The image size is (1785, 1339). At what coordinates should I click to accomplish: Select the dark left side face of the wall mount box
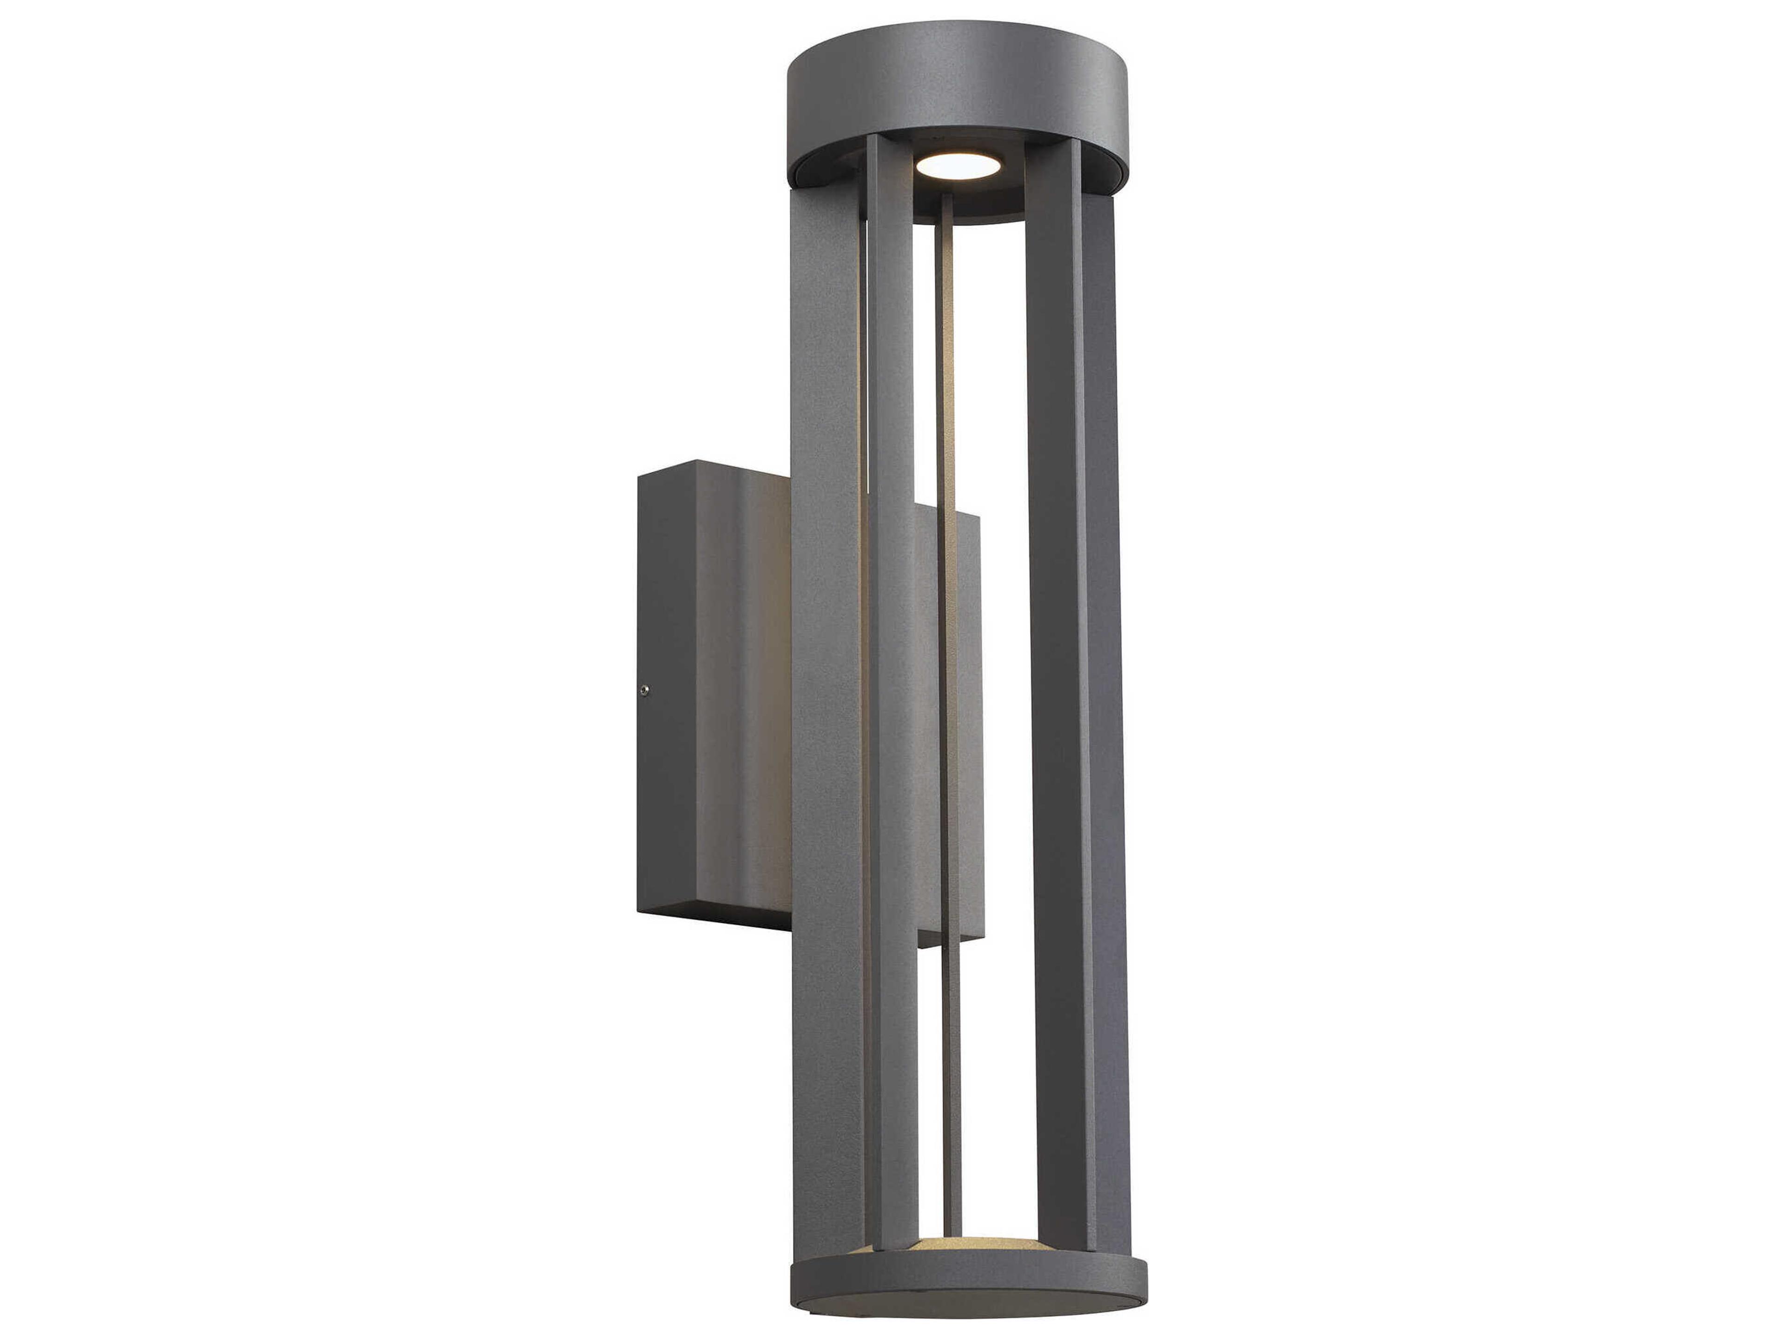pos(665,694)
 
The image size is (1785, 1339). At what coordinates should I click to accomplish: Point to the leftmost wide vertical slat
pos(825,726)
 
